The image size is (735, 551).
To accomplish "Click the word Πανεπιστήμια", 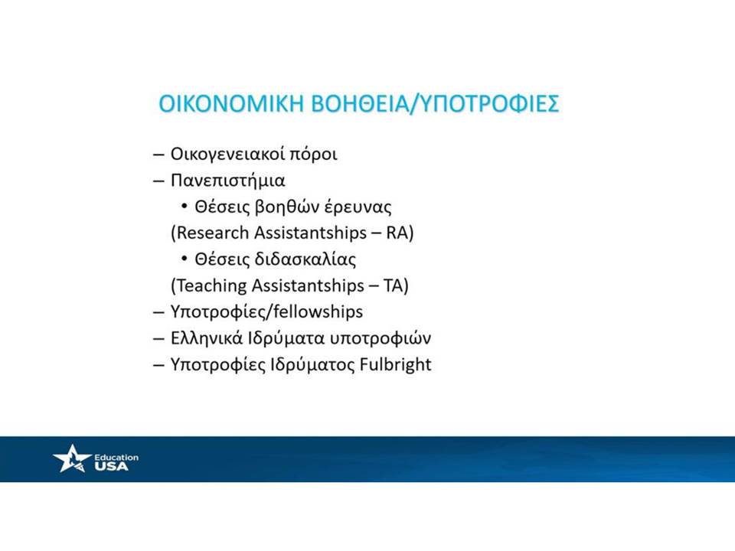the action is point(227,181).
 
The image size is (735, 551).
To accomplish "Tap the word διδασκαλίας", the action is point(305,259).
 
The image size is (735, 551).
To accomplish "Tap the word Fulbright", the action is point(395,364).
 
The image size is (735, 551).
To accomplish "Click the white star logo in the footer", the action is point(72,458).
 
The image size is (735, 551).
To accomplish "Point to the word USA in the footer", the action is point(111,466).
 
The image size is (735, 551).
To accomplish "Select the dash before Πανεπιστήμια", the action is point(158,181).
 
